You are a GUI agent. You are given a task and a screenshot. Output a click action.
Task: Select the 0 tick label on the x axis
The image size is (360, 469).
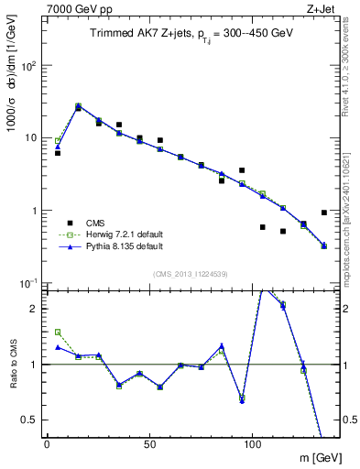(x=47, y=443)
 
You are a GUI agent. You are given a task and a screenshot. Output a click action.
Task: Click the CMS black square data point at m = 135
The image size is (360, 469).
(x=324, y=213)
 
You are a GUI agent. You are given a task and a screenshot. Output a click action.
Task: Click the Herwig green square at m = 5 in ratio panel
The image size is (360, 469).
(x=58, y=333)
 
